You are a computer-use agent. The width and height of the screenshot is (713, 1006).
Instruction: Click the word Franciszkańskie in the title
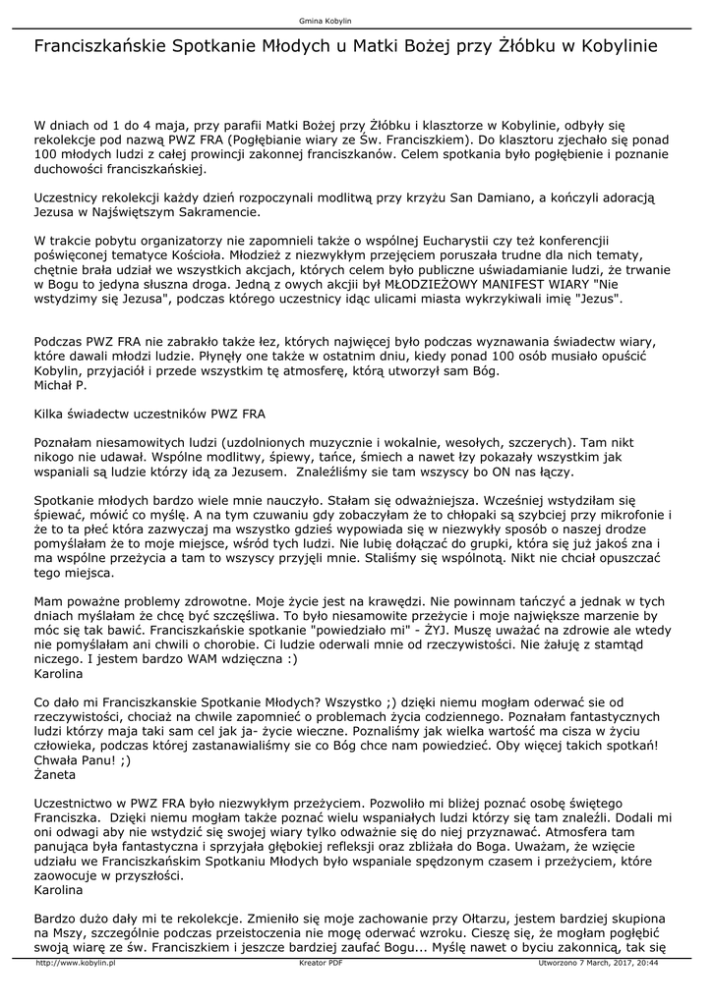(101, 46)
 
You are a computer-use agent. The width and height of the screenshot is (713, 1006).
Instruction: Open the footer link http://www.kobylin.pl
(76, 964)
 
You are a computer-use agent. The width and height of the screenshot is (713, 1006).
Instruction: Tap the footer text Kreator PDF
(321, 964)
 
